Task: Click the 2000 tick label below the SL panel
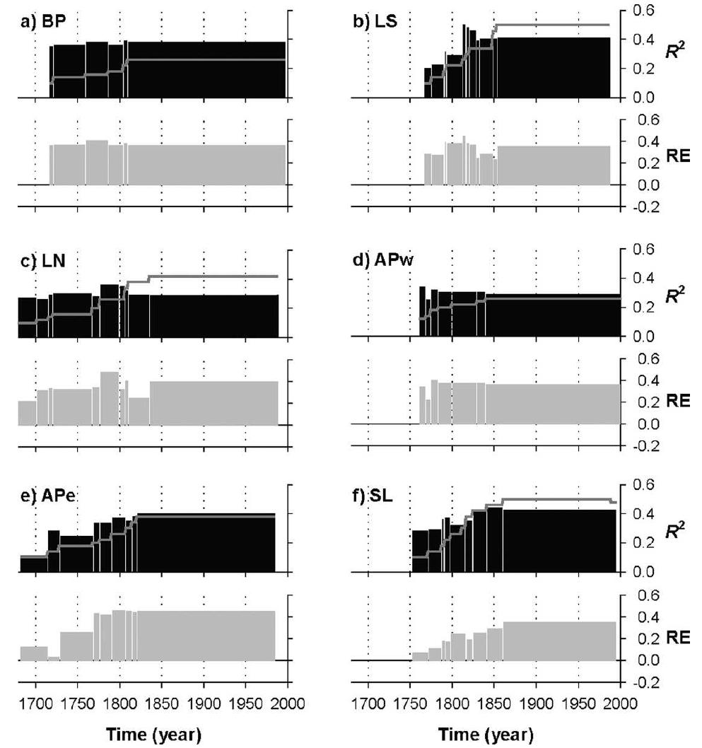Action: point(620,703)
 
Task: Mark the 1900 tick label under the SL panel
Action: point(536,703)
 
